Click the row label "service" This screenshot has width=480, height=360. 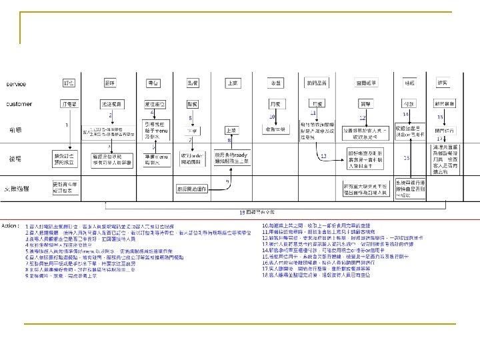coord(17,85)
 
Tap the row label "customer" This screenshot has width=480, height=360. coord(19,104)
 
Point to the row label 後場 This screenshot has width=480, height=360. coord(15,160)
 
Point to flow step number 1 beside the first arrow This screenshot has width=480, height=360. coord(66,125)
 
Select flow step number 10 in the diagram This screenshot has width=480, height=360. coord(272,117)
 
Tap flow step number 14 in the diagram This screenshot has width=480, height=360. coord(405,115)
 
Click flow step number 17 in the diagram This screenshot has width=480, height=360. coord(440,139)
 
